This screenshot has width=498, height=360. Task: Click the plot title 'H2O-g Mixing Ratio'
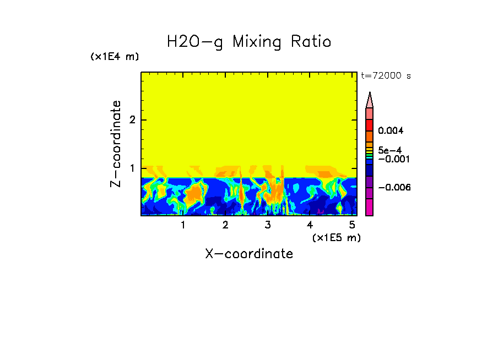pyautogui.click(x=249, y=42)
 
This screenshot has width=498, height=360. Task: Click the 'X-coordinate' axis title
pyautogui.click(x=249, y=253)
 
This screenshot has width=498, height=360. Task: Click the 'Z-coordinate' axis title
pyautogui.click(x=116, y=144)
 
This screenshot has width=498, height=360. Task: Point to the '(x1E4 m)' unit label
pyautogui.click(x=115, y=57)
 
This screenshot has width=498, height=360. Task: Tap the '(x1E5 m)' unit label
pyautogui.click(x=336, y=237)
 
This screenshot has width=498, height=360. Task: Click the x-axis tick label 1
pyautogui.click(x=183, y=225)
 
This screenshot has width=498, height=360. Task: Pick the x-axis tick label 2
pyautogui.click(x=225, y=225)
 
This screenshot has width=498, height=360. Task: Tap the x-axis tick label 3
pyautogui.click(x=268, y=225)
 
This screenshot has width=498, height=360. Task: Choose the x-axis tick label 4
pyautogui.click(x=310, y=225)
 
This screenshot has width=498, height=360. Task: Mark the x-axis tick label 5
pyautogui.click(x=352, y=225)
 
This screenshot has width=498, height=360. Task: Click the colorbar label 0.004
pyautogui.click(x=391, y=131)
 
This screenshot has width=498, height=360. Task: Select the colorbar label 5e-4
pyautogui.click(x=389, y=150)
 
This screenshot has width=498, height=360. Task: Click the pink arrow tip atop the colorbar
pyautogui.click(x=370, y=99)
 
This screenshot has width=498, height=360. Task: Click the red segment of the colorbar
pyautogui.click(x=370, y=125)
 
